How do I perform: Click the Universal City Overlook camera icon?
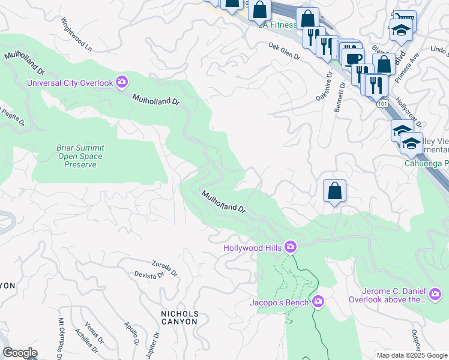122,82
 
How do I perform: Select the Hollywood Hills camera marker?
291,247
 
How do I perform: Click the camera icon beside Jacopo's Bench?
318,302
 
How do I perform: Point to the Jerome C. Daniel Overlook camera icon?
435,294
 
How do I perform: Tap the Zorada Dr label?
164,268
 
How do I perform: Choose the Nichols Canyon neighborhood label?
179,317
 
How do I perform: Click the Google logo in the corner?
20,353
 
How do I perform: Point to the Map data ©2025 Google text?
411,355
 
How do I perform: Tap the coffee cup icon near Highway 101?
354,58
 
